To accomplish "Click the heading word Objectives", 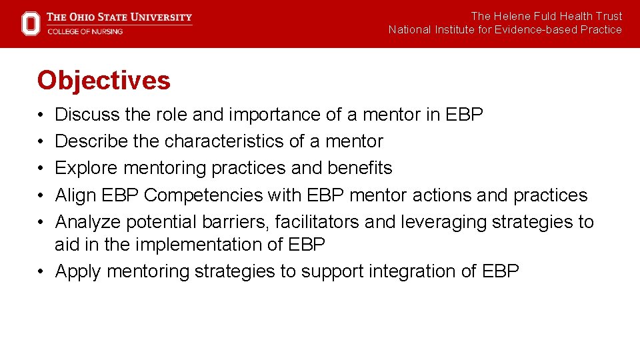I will point(104,81).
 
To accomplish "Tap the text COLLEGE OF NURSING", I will point(85,31).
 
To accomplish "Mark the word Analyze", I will point(88,221).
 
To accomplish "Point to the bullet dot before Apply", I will point(41,271).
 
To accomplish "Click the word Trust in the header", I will point(609,16).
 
